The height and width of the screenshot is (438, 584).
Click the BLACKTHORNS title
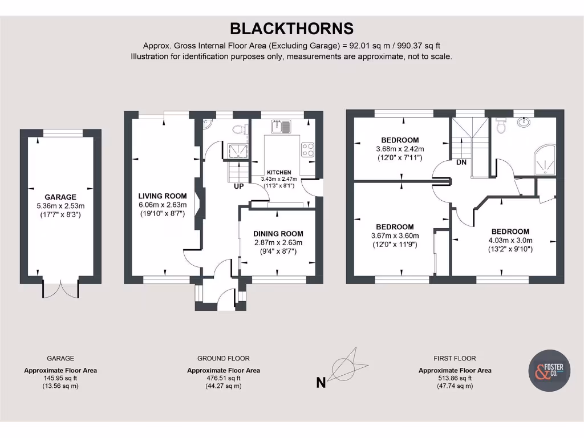pos(291,29)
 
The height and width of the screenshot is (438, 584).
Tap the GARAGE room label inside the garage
pos(60,197)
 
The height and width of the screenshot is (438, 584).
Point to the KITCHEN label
pos(279,172)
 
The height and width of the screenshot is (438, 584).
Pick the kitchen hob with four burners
pos(308,149)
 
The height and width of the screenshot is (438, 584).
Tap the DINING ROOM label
pos(278,234)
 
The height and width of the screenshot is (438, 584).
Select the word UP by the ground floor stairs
pos(238,186)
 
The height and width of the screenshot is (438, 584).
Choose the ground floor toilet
pos(242,129)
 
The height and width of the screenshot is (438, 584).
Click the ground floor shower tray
pos(234,151)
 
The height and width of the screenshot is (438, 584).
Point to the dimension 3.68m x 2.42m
pos(400,149)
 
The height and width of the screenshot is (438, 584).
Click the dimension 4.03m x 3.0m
pos(510,241)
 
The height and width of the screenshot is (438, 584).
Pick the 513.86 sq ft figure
pos(455,378)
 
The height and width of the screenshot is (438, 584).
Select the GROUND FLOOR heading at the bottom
pos(223,359)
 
